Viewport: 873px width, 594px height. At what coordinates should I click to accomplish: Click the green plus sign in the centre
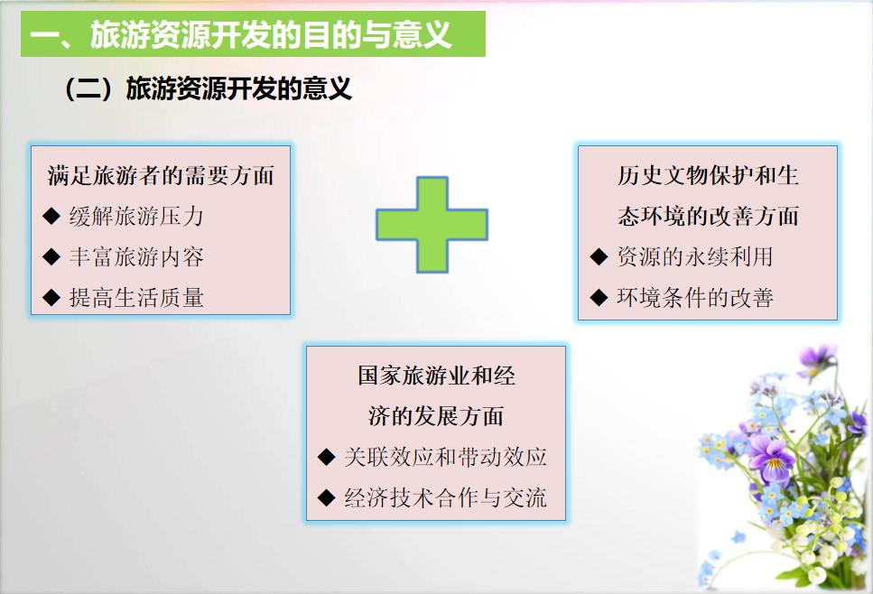coord(432,225)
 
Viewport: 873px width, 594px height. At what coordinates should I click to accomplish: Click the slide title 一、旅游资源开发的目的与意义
coord(240,34)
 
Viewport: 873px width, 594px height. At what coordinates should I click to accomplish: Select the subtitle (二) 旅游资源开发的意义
coord(208,88)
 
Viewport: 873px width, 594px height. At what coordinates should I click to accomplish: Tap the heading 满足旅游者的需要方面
coord(161,175)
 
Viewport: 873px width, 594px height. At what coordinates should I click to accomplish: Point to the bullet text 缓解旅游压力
coord(136,216)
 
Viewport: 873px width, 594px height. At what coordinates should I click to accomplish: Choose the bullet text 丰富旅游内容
coord(136,256)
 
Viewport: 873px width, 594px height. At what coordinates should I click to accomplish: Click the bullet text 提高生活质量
coord(136,297)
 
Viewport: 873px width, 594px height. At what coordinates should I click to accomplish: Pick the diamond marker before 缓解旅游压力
coord(51,216)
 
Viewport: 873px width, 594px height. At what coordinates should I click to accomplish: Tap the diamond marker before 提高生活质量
coord(51,297)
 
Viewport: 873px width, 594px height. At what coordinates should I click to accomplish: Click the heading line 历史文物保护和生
coord(708,175)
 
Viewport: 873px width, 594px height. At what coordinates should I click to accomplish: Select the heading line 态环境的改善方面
coord(708,216)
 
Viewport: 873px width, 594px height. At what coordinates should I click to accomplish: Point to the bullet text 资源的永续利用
coord(695,256)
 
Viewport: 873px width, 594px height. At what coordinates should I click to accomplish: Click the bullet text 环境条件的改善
coord(695,297)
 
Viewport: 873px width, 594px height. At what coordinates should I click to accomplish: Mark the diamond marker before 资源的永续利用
coord(599,256)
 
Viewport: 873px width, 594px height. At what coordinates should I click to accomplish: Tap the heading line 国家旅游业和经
coord(436,376)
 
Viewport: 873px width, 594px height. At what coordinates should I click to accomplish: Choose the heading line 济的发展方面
coord(436,416)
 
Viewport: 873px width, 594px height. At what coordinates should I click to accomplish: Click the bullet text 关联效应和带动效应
coord(445,457)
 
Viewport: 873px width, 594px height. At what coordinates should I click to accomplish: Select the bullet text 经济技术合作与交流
coord(445,497)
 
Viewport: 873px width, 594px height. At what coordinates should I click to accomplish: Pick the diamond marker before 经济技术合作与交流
coord(326,497)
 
